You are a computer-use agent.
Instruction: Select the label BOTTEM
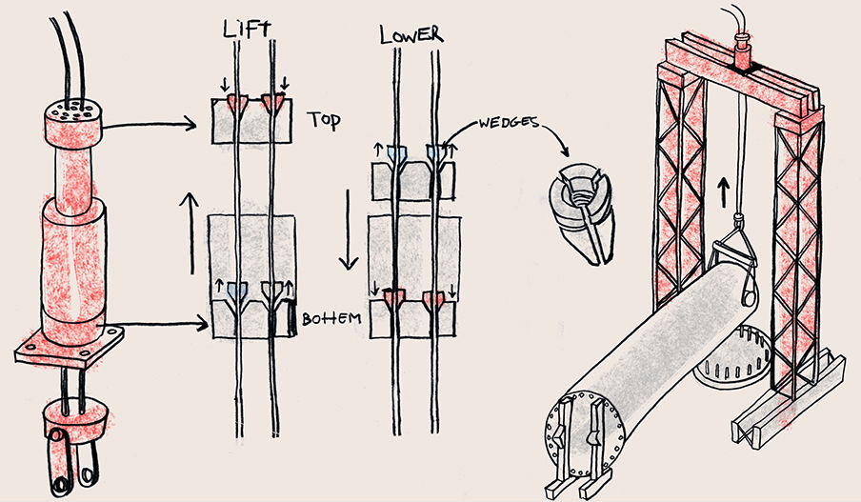coord(330,318)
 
